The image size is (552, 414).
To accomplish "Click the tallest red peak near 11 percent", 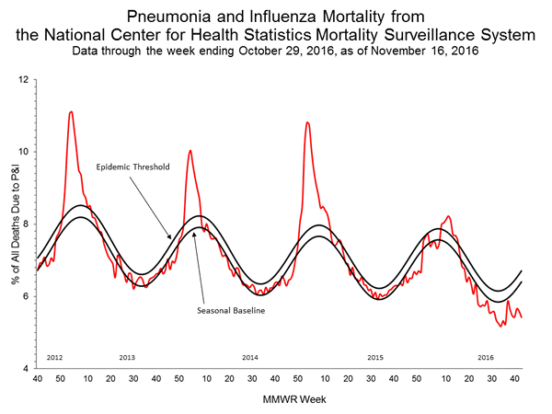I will pos(71,112).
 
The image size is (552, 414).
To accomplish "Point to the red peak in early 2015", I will pos(307,122).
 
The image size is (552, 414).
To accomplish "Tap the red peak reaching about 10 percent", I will pos(190,150).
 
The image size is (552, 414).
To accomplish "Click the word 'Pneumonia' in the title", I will pos(175,17).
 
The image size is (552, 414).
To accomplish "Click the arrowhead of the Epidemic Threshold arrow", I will pos(170,238).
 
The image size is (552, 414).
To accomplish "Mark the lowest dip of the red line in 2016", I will pos(500,326).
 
